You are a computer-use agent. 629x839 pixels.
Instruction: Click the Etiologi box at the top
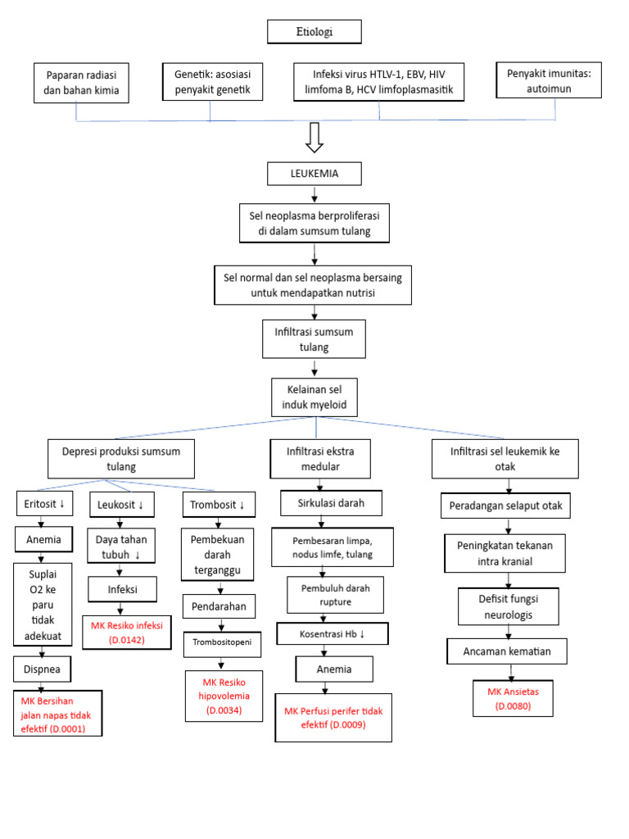coord(314,32)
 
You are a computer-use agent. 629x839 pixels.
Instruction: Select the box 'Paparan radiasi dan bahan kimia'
coord(82,83)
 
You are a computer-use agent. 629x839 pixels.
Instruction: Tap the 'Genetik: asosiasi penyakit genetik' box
coord(212,82)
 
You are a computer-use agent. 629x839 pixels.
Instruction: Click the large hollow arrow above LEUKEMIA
coord(314,138)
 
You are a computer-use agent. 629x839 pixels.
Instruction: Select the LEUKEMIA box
coord(314,174)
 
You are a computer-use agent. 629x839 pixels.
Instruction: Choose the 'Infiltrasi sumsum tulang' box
coord(314,339)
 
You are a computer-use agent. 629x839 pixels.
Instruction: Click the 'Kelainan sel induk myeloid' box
coord(314,397)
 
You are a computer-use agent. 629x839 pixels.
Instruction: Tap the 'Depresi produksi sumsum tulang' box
coord(121,459)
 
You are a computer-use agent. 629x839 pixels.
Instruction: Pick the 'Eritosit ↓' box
coord(46,503)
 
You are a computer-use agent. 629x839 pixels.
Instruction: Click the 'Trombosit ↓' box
coord(218,504)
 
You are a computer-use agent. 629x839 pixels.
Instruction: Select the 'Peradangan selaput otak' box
coord(506,506)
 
